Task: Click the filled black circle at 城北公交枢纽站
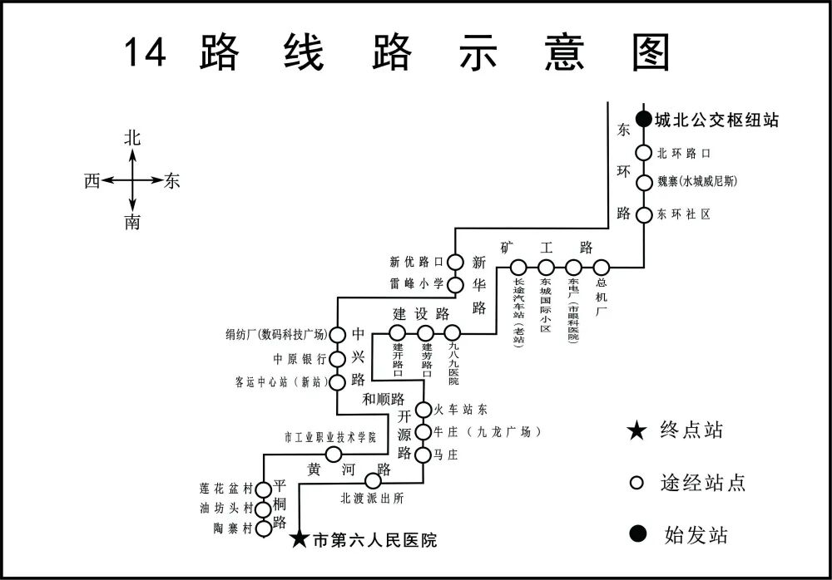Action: point(643,120)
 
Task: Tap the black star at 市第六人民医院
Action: point(300,540)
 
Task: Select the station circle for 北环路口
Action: point(643,153)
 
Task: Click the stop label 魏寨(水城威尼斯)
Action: point(698,182)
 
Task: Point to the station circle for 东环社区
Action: point(643,214)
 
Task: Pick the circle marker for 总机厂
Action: point(601,268)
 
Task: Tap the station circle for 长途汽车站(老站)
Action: point(518,268)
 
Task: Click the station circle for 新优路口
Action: point(455,262)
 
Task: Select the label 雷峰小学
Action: point(417,283)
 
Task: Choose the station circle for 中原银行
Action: point(337,359)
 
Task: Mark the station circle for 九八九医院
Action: point(452,334)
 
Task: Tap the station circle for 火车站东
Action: point(423,410)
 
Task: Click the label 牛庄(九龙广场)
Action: point(488,432)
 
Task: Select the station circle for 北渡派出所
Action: point(374,480)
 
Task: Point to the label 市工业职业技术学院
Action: point(330,437)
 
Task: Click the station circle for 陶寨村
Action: point(263,528)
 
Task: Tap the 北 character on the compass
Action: point(132,139)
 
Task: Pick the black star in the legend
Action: point(636,431)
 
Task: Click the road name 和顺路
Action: point(383,399)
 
